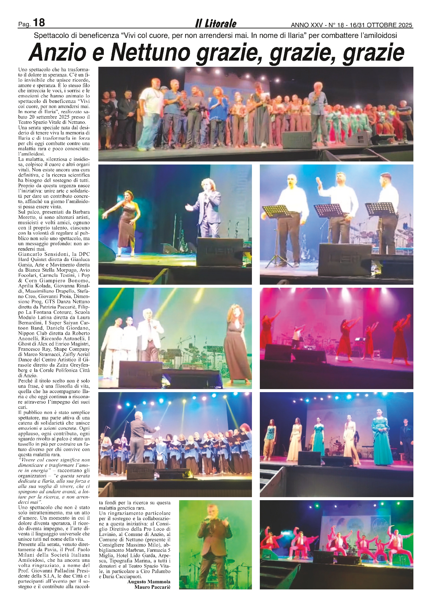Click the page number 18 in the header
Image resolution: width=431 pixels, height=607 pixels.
(39, 23)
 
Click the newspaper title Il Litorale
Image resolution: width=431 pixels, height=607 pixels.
(215, 23)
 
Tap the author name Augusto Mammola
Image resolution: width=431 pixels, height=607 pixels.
(149, 582)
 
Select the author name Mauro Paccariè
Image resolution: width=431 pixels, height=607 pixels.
(152, 587)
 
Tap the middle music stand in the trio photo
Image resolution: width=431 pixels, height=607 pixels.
(328, 210)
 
